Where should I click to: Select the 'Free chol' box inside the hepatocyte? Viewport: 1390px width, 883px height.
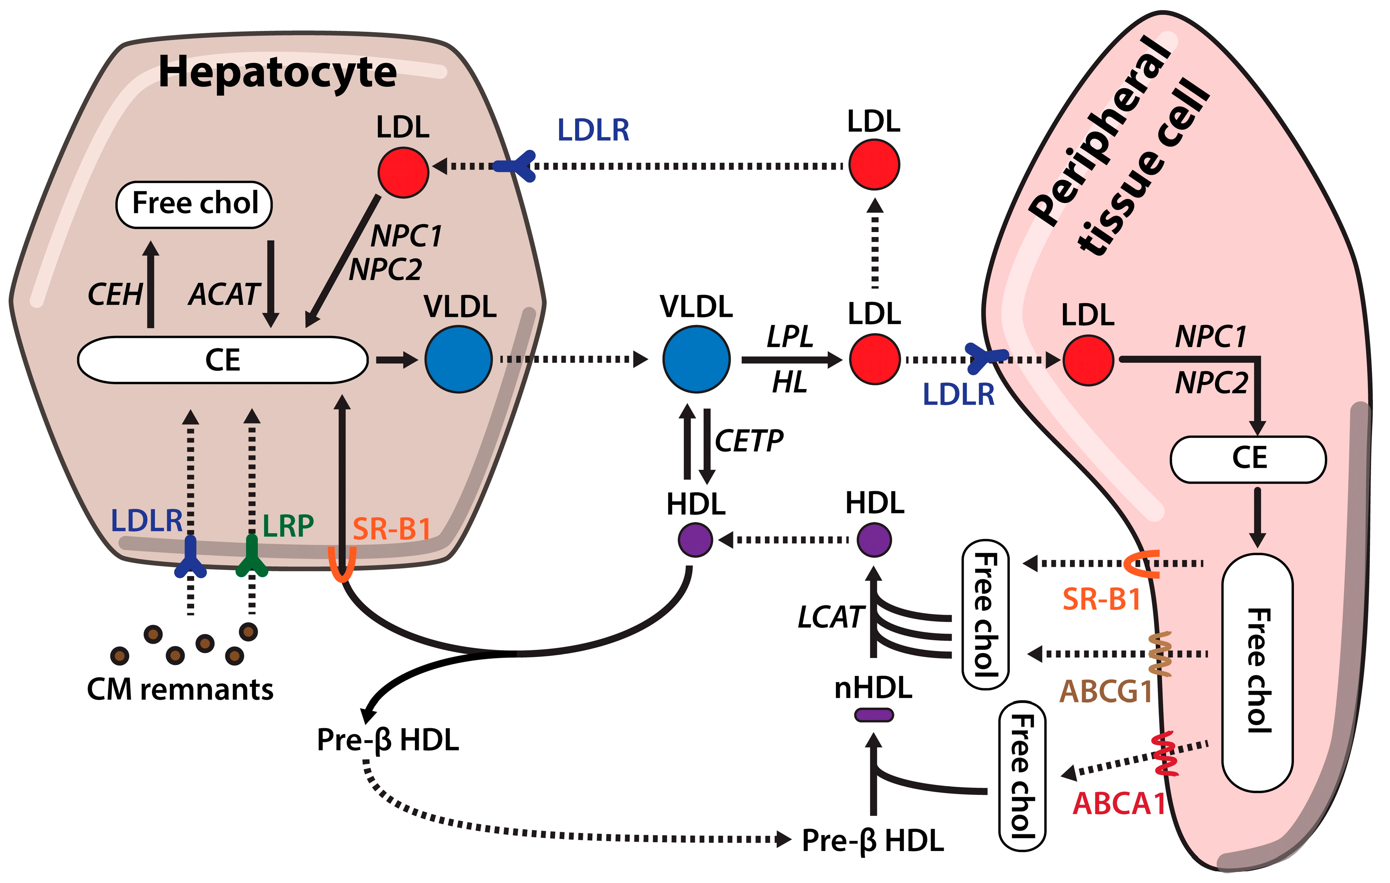(194, 204)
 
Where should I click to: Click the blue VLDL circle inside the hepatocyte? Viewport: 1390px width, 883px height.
(458, 359)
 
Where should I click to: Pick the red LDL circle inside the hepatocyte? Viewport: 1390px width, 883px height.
(403, 172)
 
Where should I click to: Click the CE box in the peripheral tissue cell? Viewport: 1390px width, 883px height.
(1249, 459)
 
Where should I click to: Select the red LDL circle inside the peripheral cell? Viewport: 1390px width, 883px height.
(1088, 360)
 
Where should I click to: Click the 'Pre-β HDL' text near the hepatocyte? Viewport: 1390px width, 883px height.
(388, 740)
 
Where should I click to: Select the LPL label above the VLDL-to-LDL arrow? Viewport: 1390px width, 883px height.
(790, 336)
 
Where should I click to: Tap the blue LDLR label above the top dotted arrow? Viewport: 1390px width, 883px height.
(593, 130)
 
